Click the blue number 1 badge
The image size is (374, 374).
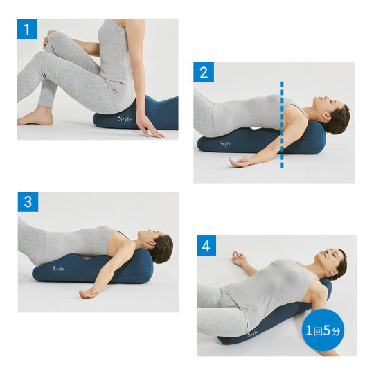27,29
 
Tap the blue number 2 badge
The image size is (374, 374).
204,72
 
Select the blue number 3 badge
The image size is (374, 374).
28,202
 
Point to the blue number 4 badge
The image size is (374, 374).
206,246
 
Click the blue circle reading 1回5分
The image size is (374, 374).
323,330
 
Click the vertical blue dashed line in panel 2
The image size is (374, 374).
282,125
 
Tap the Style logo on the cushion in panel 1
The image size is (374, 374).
125,118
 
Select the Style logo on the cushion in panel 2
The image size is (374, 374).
225,143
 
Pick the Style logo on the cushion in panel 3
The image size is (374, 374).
58,268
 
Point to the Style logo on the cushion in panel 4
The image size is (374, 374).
253,333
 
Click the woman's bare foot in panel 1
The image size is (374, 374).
35,116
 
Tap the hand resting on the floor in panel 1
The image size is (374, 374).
149,127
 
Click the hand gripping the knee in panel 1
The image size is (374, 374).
48,39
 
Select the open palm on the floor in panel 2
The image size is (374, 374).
240,162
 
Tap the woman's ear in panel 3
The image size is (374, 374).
151,243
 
